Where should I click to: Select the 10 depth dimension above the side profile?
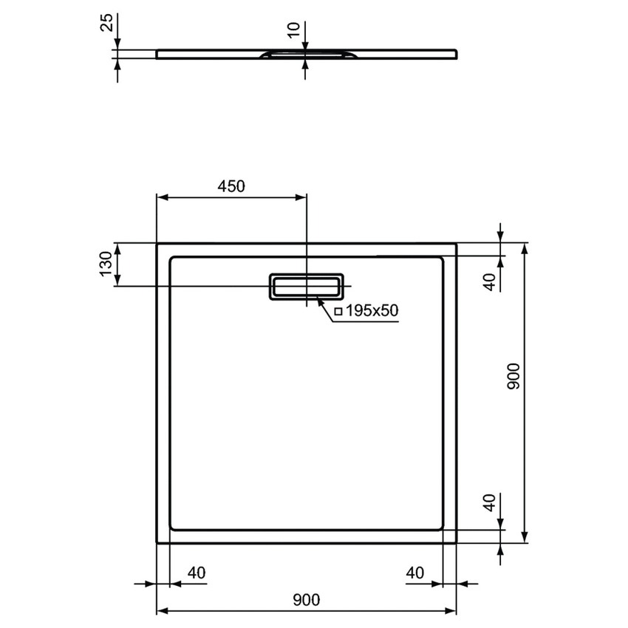point(295,30)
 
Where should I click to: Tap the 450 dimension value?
point(231,187)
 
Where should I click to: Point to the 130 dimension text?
point(106,264)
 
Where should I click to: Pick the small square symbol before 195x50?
point(338,312)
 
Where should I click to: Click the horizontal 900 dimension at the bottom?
point(306,600)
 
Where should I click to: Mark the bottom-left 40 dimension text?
point(195,572)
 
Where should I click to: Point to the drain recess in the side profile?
point(306,55)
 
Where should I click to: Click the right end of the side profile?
point(455,53)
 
